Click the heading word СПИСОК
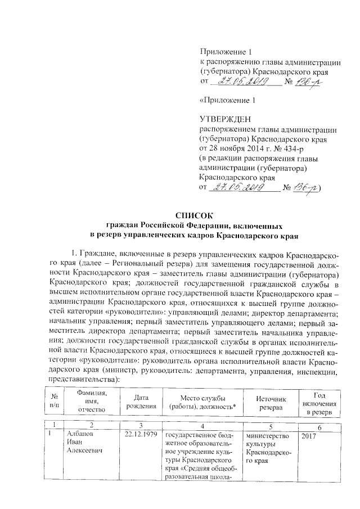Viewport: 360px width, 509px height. pos(194,214)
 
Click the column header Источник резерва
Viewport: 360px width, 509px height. pos(270,401)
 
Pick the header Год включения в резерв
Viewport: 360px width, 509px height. pos(319,401)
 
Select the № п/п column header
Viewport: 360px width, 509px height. pos(54,401)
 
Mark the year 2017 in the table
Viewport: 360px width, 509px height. pos(309,435)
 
